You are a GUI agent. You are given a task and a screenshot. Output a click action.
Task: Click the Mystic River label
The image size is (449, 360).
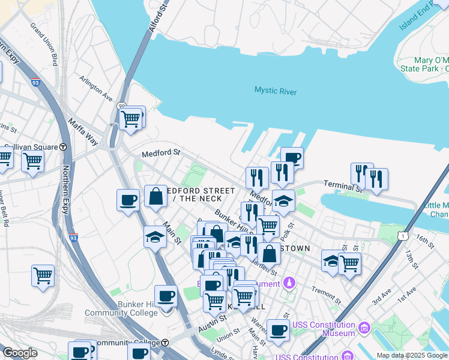(276, 91)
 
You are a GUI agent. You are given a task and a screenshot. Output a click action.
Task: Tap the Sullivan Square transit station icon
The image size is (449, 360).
(63, 147)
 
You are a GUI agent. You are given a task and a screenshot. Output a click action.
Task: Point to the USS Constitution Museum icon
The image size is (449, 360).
(364, 328)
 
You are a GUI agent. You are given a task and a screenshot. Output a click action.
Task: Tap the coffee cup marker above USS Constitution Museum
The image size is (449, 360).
(278, 330)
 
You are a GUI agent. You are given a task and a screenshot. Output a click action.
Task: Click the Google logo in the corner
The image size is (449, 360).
(20, 353)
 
